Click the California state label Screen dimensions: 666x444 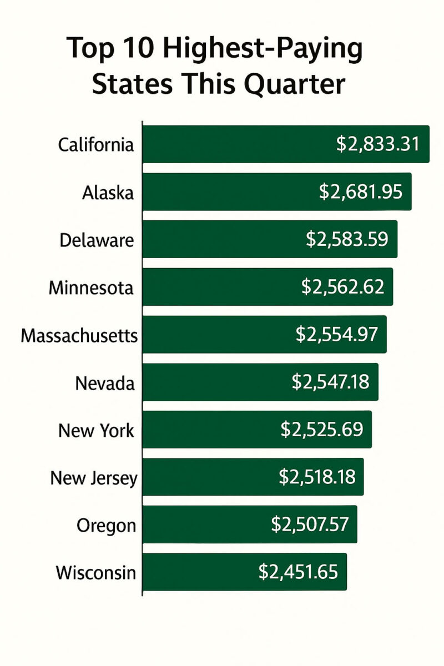point(96,145)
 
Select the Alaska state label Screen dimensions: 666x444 point(108,193)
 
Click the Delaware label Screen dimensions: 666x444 point(97,240)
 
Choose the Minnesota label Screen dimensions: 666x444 point(91,287)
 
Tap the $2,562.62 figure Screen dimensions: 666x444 point(342,287)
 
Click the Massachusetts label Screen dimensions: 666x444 point(79,335)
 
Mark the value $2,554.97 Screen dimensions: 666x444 point(336,335)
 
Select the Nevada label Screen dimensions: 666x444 point(105,383)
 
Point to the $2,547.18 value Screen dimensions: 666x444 point(330,382)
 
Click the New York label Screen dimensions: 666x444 point(96,430)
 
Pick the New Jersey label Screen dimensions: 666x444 point(93,478)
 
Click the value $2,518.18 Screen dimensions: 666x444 point(317,477)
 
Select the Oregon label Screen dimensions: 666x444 point(107,526)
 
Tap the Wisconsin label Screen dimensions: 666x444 point(95,573)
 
